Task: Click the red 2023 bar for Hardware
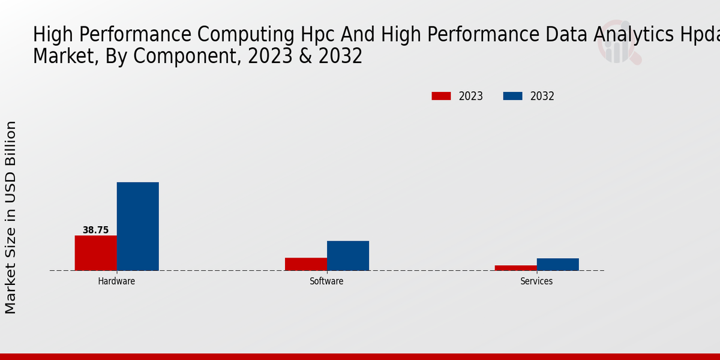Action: (x=95, y=253)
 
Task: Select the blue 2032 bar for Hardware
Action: (x=137, y=226)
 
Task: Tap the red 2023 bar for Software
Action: (x=305, y=264)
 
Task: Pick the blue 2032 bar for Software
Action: (x=347, y=256)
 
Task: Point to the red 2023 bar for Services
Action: (x=515, y=268)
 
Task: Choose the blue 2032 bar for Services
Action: (x=557, y=264)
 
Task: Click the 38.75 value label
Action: (x=95, y=230)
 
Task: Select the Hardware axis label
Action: (x=116, y=281)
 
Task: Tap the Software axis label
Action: (x=326, y=281)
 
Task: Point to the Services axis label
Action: (x=536, y=281)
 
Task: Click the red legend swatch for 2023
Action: (x=441, y=96)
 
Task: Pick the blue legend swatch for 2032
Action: (x=512, y=96)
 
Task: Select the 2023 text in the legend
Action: (x=471, y=96)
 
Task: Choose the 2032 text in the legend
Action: (x=542, y=96)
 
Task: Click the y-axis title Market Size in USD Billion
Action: (x=11, y=217)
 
